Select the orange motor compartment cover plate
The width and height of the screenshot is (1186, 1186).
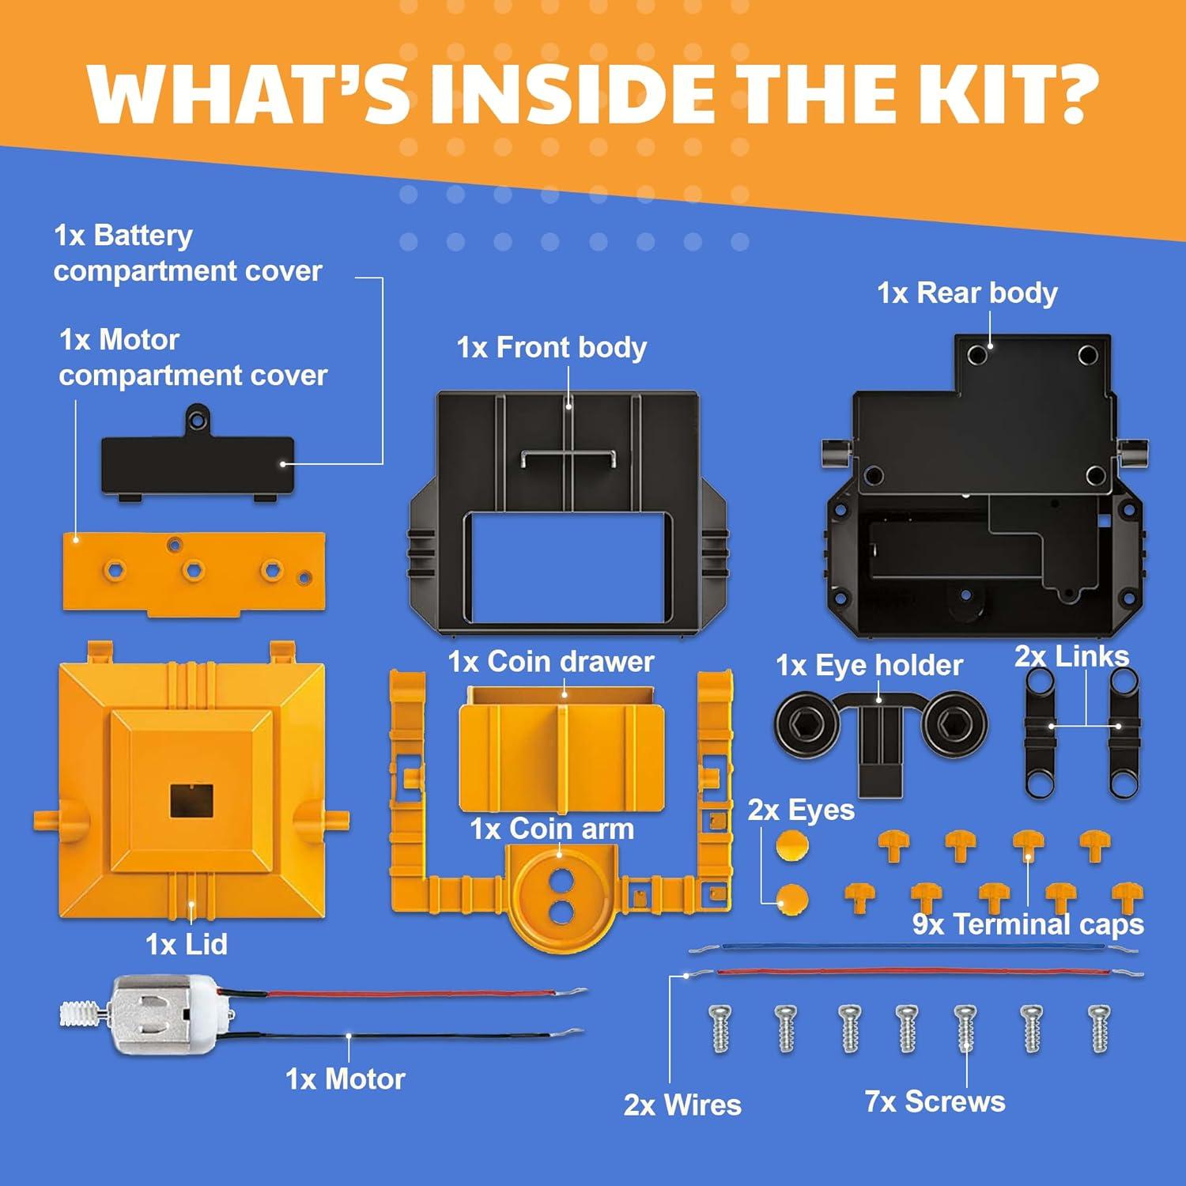pyautogui.click(x=194, y=571)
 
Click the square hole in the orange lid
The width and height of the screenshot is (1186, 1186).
pyautogui.click(x=191, y=800)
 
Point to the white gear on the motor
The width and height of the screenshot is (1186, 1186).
pyautogui.click(x=83, y=1014)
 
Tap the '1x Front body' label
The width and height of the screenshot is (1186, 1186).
pyautogui.click(x=551, y=348)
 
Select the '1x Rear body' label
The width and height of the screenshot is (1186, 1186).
pyautogui.click(x=966, y=293)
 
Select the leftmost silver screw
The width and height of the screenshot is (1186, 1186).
pyautogui.click(x=720, y=1028)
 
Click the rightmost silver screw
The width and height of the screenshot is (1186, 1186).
pyautogui.click(x=1099, y=1028)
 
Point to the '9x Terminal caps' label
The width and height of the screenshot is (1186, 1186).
pyautogui.click(x=1028, y=924)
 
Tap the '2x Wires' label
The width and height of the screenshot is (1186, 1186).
pyautogui.click(x=682, y=1105)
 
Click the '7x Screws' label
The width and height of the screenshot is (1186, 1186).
pyautogui.click(x=935, y=1101)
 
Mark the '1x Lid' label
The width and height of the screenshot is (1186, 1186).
pyautogui.click(x=187, y=944)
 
